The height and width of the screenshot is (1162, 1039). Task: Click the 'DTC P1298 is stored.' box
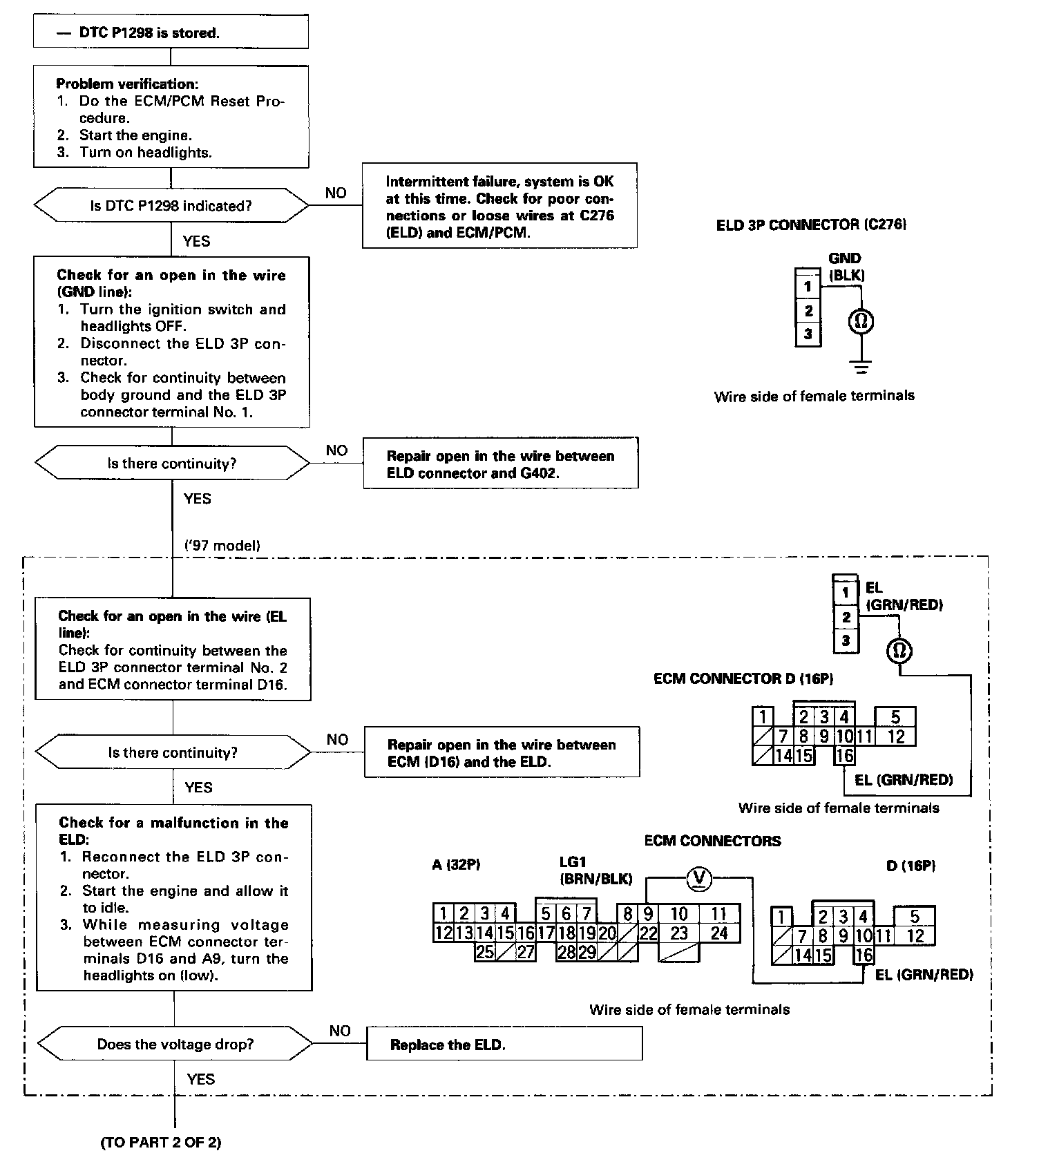[171, 32]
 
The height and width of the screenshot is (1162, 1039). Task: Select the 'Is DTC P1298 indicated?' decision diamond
[171, 206]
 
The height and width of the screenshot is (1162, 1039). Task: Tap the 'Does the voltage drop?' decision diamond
[175, 1044]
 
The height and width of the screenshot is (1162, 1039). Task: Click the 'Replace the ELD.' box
[504, 1044]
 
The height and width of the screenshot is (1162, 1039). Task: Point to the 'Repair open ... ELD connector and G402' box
[500, 464]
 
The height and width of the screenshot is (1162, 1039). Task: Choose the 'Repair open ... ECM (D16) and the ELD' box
[502, 753]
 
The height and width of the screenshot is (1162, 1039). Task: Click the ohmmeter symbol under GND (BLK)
[861, 321]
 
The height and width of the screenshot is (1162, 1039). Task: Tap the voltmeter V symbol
[700, 878]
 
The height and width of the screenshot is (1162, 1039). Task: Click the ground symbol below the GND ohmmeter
[861, 367]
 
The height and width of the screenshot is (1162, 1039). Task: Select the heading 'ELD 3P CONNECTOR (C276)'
[811, 225]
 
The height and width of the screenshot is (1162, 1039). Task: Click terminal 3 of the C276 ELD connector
[808, 335]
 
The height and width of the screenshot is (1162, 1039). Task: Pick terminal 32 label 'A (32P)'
[456, 864]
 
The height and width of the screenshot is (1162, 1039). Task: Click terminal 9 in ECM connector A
[648, 914]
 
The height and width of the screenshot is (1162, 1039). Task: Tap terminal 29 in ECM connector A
[587, 952]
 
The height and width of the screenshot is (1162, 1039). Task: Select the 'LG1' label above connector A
[573, 861]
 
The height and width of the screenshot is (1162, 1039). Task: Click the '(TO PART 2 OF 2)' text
[161, 1142]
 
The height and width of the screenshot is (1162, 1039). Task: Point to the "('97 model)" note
[222, 545]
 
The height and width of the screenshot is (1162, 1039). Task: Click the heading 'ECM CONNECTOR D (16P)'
[743, 678]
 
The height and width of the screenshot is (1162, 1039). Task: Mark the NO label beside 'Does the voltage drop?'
[340, 1031]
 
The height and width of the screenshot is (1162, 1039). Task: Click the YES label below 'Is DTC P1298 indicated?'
[196, 241]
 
